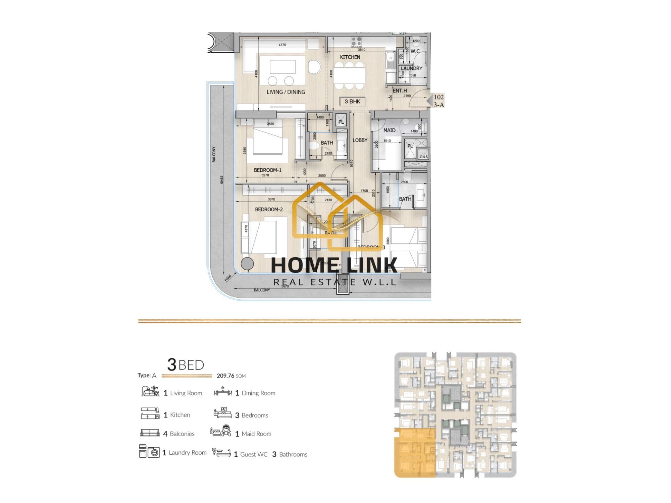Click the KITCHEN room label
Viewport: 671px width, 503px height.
(x=350, y=57)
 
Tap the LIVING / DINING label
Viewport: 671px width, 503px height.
(x=286, y=92)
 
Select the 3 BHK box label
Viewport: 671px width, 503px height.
(x=352, y=102)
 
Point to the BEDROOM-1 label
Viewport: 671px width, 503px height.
(x=267, y=170)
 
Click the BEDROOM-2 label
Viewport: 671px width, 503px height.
(x=269, y=210)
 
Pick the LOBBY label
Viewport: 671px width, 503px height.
(x=360, y=140)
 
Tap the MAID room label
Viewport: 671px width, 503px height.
(x=389, y=130)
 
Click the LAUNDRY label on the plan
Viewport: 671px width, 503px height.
(x=411, y=68)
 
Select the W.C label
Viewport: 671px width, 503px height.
(x=415, y=52)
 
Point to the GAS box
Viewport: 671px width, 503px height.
(x=423, y=156)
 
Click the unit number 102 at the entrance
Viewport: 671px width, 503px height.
(x=438, y=97)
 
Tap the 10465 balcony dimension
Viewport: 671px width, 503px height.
(x=221, y=179)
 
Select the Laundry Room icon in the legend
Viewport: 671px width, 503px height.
(x=149, y=451)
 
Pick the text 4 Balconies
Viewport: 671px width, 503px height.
(x=179, y=434)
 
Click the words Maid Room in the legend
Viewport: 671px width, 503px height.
(x=256, y=434)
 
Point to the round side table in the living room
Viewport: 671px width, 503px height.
(x=314, y=66)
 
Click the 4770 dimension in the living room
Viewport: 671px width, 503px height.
(x=282, y=45)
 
